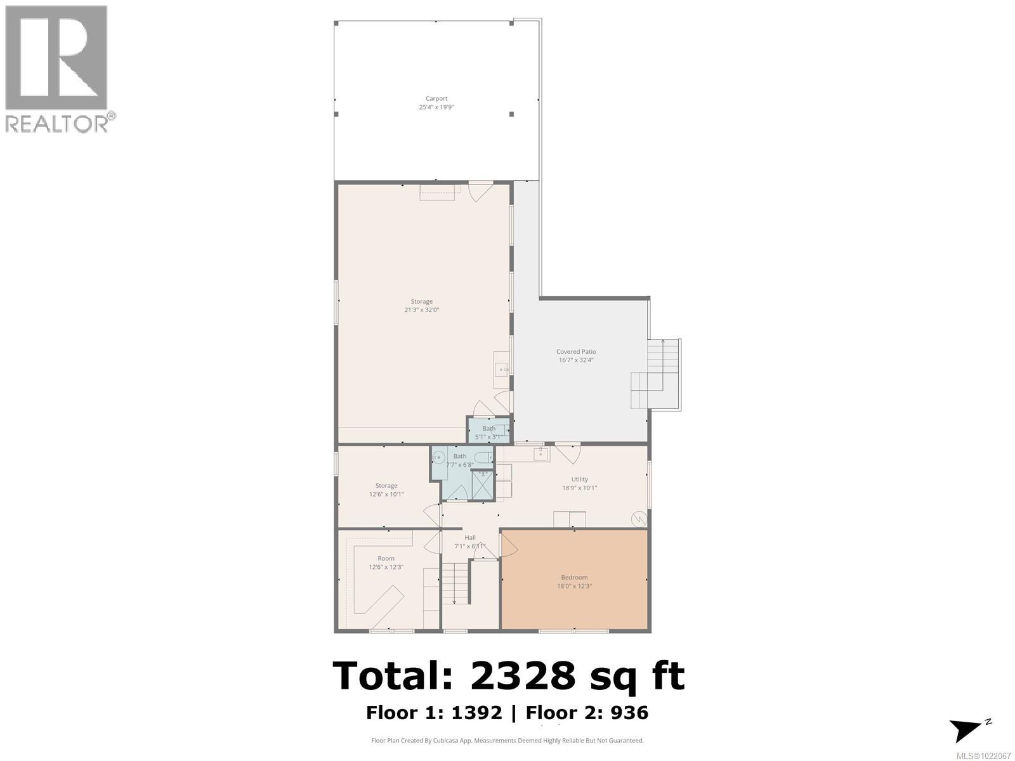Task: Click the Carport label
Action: pos(436,98)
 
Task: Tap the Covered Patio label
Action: pos(576,351)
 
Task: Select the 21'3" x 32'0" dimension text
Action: pos(422,310)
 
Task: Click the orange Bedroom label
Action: pos(574,577)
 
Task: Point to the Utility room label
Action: pos(579,479)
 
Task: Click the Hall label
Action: pos(469,537)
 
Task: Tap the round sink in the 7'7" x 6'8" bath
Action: pos(439,457)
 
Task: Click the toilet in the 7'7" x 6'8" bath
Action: pos(483,457)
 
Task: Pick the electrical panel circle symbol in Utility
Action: pos(639,519)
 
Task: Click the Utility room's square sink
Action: pos(541,454)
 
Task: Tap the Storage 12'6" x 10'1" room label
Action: pos(386,486)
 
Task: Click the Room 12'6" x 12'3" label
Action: pos(386,559)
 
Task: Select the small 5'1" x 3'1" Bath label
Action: pos(488,429)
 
